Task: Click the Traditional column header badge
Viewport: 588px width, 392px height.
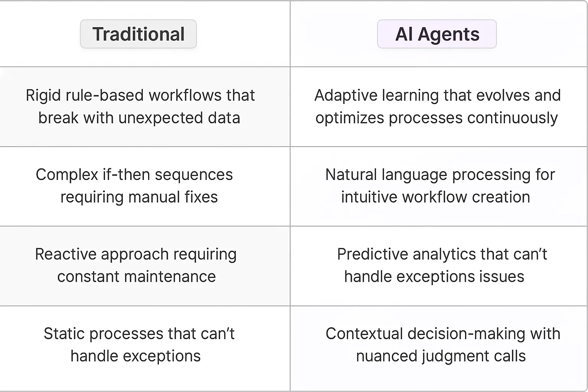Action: point(138,34)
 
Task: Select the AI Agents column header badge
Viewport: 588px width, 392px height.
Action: point(437,34)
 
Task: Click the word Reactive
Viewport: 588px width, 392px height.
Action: point(64,255)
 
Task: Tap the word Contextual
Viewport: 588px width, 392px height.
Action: point(364,334)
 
